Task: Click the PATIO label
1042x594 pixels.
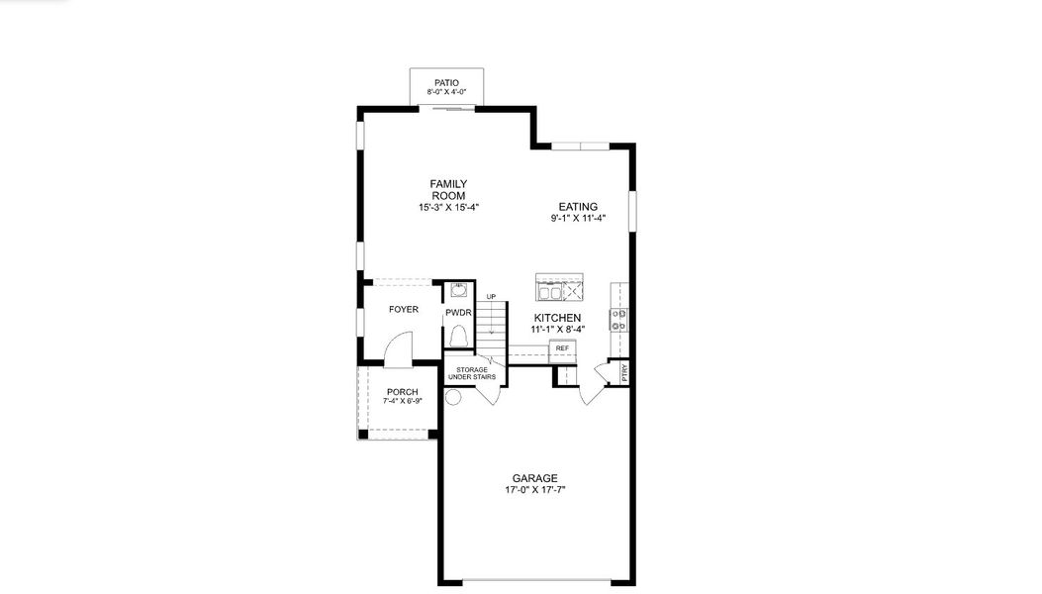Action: (446, 83)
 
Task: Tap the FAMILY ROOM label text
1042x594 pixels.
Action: (448, 189)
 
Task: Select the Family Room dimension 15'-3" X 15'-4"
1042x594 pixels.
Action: (448, 208)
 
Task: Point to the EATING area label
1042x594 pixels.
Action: (578, 207)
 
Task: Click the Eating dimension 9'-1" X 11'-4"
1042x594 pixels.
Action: (578, 218)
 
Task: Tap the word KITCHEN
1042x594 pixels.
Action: (557, 318)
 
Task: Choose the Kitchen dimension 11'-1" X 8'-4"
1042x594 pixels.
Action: (557, 330)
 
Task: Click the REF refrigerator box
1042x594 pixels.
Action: (562, 348)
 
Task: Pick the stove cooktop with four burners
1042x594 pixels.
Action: (618, 320)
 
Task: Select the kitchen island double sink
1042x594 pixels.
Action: (550, 292)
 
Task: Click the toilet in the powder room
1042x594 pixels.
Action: (459, 336)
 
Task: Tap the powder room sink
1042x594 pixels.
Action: (458, 290)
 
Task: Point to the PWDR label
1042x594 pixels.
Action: (458, 313)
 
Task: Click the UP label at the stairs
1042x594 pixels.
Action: (491, 297)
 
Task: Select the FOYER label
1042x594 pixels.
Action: (404, 309)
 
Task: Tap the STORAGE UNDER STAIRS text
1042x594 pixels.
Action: (472, 373)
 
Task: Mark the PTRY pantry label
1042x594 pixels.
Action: (624, 372)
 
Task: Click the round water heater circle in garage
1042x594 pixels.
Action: (453, 398)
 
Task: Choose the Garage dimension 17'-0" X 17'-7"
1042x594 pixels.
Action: (535, 490)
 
